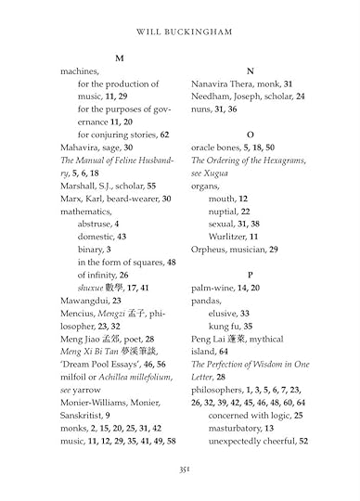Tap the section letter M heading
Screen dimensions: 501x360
(119, 58)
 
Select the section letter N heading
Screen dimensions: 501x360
(250, 71)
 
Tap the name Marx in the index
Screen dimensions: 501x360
(72, 199)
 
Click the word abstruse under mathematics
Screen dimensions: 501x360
(96, 224)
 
